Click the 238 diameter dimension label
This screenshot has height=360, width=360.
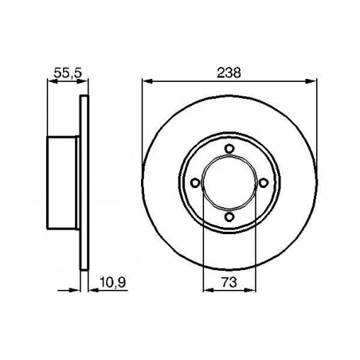click(x=229, y=72)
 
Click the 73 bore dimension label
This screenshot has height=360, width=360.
click(x=229, y=282)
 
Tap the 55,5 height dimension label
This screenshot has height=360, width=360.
click(x=68, y=72)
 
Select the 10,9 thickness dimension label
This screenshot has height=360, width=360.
click(x=113, y=282)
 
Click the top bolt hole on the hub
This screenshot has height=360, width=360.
click(x=229, y=148)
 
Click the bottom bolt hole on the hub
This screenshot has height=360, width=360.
click(x=229, y=217)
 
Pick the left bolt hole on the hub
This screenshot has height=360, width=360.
click(x=195, y=182)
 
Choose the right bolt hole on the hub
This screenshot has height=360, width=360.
click(x=264, y=182)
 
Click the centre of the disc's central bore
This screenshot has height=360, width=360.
click(x=229, y=182)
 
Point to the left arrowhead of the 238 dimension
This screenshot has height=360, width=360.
click(x=147, y=81)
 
